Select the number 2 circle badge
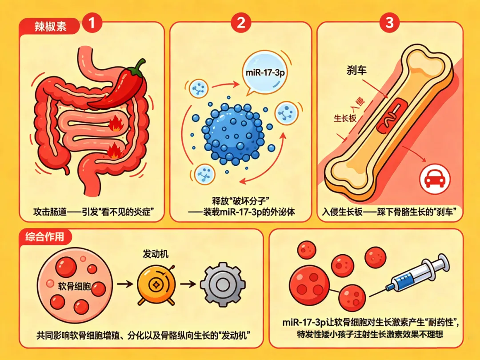[240, 23]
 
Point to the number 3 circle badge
[389, 23]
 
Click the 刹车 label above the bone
[356, 70]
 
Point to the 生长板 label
[346, 119]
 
